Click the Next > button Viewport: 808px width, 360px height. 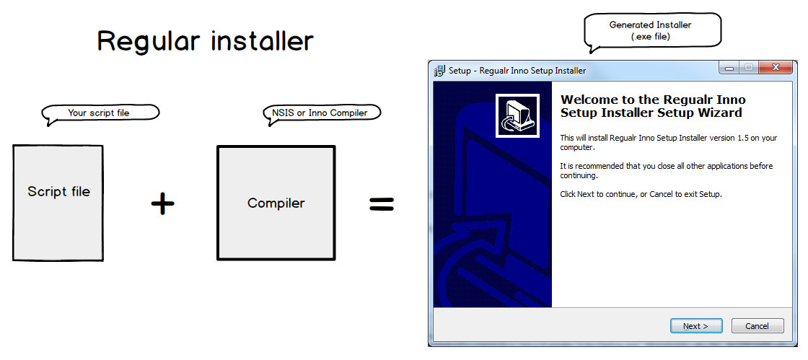pyautogui.click(x=696, y=326)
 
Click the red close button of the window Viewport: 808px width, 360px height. pyautogui.click(x=775, y=68)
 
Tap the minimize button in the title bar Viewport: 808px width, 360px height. pyautogui.click(x=729, y=68)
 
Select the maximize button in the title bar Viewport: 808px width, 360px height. pyautogui.click(x=748, y=68)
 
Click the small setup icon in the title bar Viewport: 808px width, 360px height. pyautogui.click(x=439, y=71)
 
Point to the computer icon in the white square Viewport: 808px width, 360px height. pyautogui.click(x=517, y=116)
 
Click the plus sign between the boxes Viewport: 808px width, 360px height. pyautogui.click(x=163, y=203)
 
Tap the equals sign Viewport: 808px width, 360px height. pyautogui.click(x=382, y=203)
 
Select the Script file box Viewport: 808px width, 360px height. pyautogui.click(x=58, y=203)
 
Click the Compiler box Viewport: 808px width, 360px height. pyautogui.click(x=276, y=203)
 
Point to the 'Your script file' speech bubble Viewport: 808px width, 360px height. pyautogui.click(x=100, y=114)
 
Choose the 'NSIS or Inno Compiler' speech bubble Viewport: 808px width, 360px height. pyautogui.click(x=322, y=114)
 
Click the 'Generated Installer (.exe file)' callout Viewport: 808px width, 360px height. pyautogui.click(x=652, y=32)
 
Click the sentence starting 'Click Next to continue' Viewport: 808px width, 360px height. pyautogui.click(x=641, y=194)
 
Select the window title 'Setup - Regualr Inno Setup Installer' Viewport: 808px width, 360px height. pyautogui.click(x=517, y=71)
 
